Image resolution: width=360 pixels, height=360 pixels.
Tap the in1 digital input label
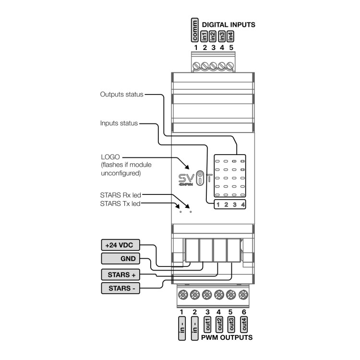(x=204, y=36)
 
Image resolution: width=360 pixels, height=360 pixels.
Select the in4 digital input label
(x=231, y=36)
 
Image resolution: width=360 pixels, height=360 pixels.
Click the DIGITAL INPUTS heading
(x=228, y=24)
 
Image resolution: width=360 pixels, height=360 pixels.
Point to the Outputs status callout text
(x=121, y=95)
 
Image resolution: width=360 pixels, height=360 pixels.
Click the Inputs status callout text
(x=119, y=123)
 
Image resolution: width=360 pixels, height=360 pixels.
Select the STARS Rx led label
(x=120, y=195)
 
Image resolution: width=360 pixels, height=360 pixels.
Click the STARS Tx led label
(x=120, y=203)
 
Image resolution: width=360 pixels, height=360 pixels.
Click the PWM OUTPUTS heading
(x=227, y=337)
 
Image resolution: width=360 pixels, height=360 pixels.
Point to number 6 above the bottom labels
(x=243, y=312)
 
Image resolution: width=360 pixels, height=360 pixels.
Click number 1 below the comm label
(x=195, y=48)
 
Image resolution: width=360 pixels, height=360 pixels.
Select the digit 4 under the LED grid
(x=243, y=205)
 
